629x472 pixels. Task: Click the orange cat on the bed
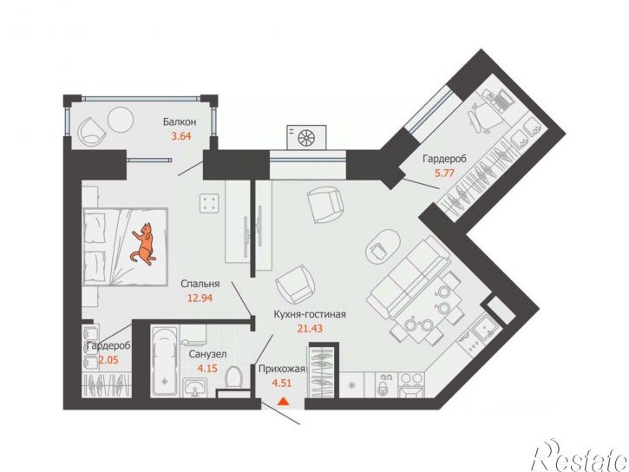coord(143,244)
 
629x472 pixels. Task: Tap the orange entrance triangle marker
coord(283,401)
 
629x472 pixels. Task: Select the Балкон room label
coord(180,121)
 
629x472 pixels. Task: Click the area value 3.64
coord(181,136)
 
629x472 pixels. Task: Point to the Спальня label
coord(200,284)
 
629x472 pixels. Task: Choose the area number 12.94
coord(200,298)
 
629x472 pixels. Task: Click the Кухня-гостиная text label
coord(310,314)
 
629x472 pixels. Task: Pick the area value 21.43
coord(310,329)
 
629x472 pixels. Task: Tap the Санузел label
coord(208,354)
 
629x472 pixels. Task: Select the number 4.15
coord(207,368)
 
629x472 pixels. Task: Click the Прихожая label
coord(282,369)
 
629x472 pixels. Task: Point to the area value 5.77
coord(445,174)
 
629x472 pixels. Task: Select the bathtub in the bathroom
coord(165,362)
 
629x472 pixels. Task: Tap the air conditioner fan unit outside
coord(306,138)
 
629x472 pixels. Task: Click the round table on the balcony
coord(121,119)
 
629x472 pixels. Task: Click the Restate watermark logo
coord(580,456)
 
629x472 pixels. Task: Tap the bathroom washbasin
coord(195,388)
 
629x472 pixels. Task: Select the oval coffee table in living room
coord(383,246)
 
